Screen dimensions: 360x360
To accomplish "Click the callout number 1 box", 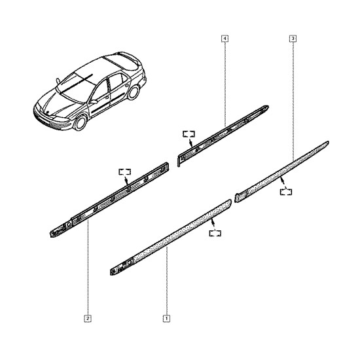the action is (x=166, y=319).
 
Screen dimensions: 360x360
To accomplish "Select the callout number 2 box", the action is (x=88, y=319).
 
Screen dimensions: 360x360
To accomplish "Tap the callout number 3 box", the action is (x=293, y=39).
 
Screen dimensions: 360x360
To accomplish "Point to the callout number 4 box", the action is (x=225, y=39).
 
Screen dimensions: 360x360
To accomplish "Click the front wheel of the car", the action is (x=81, y=122).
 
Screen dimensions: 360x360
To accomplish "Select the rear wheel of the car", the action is (x=134, y=92).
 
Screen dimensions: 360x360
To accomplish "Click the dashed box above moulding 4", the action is (x=189, y=134).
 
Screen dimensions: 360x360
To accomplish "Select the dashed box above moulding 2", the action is (x=124, y=171).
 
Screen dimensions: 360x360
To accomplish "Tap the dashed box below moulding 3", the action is (x=286, y=192).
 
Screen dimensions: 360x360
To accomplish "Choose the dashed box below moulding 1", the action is (x=215, y=233).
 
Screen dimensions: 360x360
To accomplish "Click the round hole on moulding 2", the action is (x=69, y=225).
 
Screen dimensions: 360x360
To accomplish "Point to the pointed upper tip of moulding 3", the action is (x=328, y=142).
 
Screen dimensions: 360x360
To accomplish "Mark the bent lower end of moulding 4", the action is (x=179, y=161).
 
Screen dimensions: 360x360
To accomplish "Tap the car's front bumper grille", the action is (x=44, y=119).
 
